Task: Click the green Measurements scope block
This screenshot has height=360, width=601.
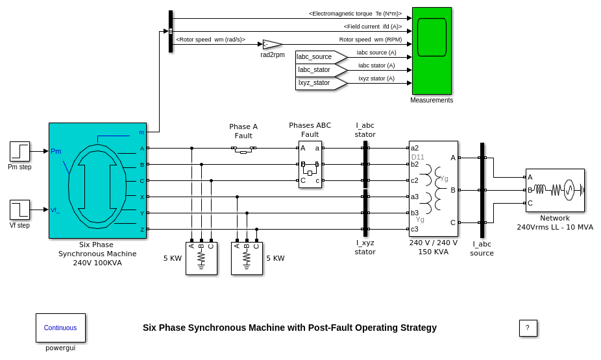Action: tap(432, 51)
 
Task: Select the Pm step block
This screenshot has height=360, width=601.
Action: tap(19, 151)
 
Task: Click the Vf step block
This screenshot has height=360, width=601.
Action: tap(19, 210)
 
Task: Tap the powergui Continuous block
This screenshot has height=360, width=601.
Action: tap(60, 328)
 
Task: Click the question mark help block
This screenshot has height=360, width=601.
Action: tap(528, 328)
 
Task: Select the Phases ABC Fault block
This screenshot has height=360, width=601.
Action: tap(310, 164)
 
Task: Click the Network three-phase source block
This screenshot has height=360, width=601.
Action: tap(555, 190)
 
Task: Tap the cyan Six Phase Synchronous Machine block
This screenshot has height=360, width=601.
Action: tap(97, 180)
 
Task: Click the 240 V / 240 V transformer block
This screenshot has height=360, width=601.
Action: tap(433, 188)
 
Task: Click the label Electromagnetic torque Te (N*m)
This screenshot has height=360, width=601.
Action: tap(355, 14)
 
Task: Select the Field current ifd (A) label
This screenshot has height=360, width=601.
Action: tap(373, 27)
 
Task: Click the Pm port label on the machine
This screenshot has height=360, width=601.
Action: tap(56, 151)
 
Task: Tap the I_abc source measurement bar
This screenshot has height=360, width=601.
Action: tap(482, 190)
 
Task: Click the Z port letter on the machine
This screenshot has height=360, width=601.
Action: tap(142, 229)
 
